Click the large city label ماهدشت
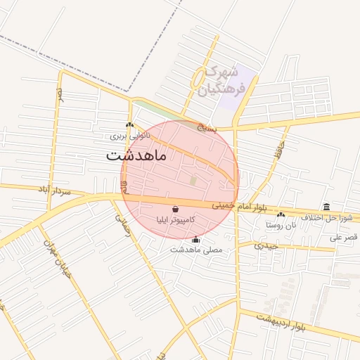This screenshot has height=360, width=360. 137,155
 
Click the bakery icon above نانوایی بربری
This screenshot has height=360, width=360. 129,124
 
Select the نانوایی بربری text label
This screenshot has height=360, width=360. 129,134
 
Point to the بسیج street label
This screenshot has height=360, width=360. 205,129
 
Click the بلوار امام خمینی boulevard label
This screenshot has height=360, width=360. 237,205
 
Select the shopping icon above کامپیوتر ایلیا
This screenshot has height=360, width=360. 174,209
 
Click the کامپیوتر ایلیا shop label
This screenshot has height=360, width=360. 175,219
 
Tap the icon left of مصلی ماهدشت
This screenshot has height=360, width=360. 195,240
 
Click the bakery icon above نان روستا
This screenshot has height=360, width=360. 281,215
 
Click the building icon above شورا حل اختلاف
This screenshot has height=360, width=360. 326,207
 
